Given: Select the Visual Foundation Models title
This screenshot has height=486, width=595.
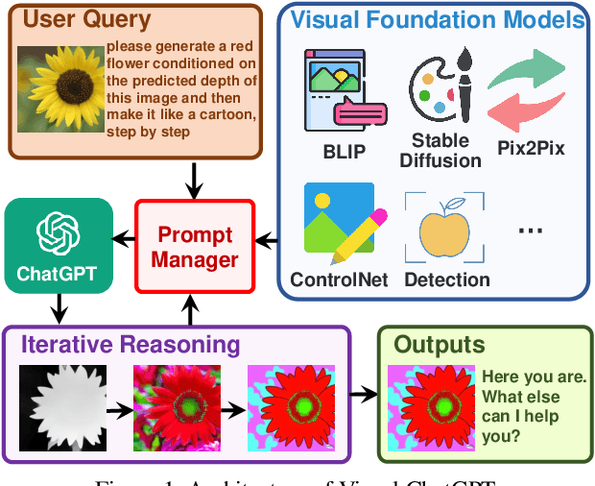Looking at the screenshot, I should coord(437,18).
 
